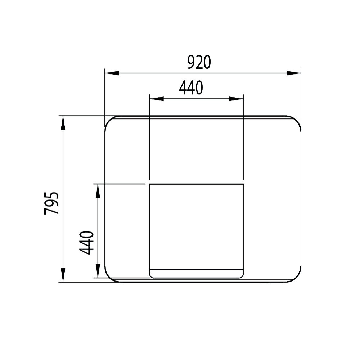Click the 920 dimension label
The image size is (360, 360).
coord(199,62)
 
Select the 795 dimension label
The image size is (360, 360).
coord(51,203)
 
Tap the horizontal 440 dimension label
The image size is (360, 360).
coord(191,88)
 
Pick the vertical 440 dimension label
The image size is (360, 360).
coord(86,243)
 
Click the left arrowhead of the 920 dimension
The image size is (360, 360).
coord(112,73)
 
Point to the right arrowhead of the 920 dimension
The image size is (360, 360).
coord(294,73)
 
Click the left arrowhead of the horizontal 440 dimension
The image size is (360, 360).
coord(157,99)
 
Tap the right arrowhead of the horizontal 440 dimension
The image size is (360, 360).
coord(236,99)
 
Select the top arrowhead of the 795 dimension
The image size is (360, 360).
coord(63,123)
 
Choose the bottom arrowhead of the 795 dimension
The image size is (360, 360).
coord(63,275)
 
